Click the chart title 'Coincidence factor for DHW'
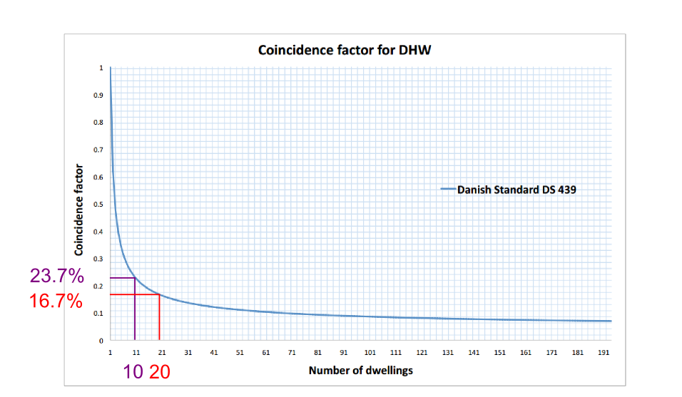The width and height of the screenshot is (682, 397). [345, 50]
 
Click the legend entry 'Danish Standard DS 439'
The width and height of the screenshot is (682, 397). [516, 190]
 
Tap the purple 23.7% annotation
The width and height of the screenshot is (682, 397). [57, 276]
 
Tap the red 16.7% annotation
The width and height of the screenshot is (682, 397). [56, 301]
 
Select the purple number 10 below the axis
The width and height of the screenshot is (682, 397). [133, 372]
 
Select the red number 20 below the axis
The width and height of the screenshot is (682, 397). [160, 372]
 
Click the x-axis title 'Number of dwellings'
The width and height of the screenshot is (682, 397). [360, 371]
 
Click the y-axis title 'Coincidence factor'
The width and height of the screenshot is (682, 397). [78, 210]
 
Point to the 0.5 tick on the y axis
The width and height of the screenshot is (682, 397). [98, 204]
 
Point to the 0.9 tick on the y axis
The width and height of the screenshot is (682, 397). [98, 95]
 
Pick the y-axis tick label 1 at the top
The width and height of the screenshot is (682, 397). [101, 68]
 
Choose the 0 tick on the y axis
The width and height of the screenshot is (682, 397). [101, 341]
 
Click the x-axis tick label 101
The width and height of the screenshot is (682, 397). [370, 352]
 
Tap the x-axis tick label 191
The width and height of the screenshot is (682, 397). [604, 352]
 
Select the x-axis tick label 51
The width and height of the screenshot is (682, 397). [240, 352]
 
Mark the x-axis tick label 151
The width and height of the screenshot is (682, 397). [500, 352]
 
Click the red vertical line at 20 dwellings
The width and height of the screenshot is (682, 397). [160, 317]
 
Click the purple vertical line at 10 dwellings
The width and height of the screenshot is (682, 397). [135, 309]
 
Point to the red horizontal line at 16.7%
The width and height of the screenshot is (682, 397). [135, 294]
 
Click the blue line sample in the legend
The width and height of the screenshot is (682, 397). [448, 189]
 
